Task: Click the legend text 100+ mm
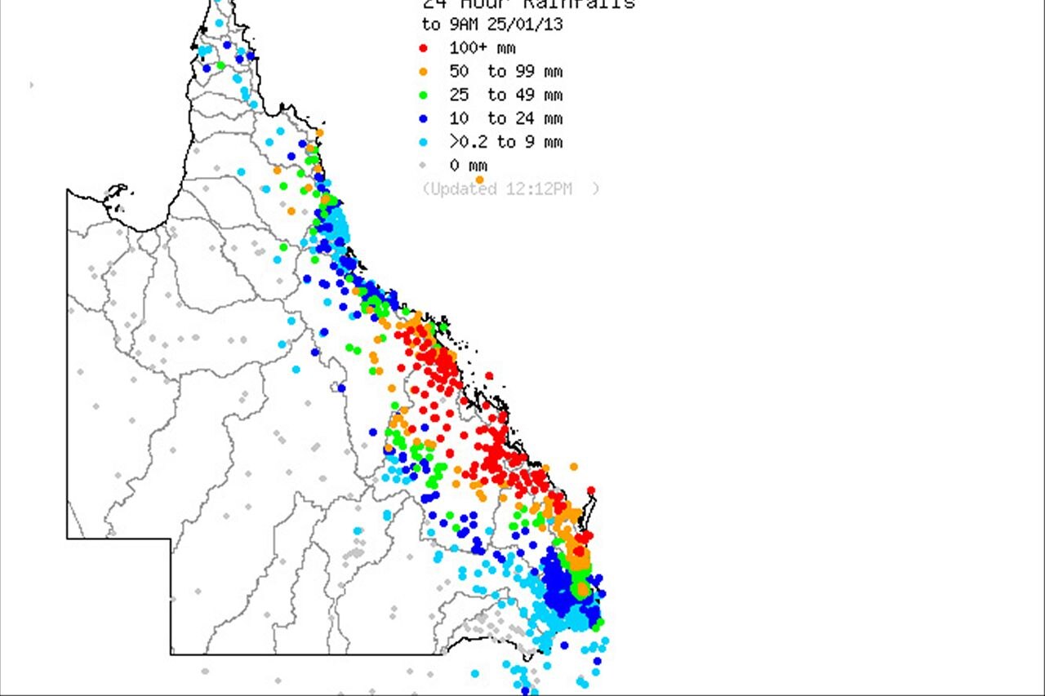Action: point(482,48)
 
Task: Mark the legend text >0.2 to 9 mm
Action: point(505,143)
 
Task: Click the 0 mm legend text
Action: point(468,166)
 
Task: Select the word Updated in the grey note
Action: point(462,189)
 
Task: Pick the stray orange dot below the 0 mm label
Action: point(479,180)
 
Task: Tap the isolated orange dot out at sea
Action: point(574,467)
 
